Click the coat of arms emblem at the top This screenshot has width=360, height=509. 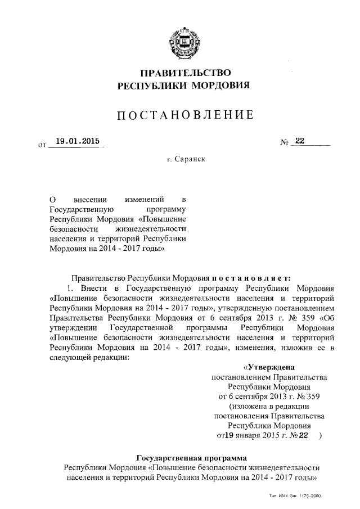tap(180, 42)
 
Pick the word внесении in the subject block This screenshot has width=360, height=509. tap(91, 200)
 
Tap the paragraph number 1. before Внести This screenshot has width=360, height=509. tap(71, 287)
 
